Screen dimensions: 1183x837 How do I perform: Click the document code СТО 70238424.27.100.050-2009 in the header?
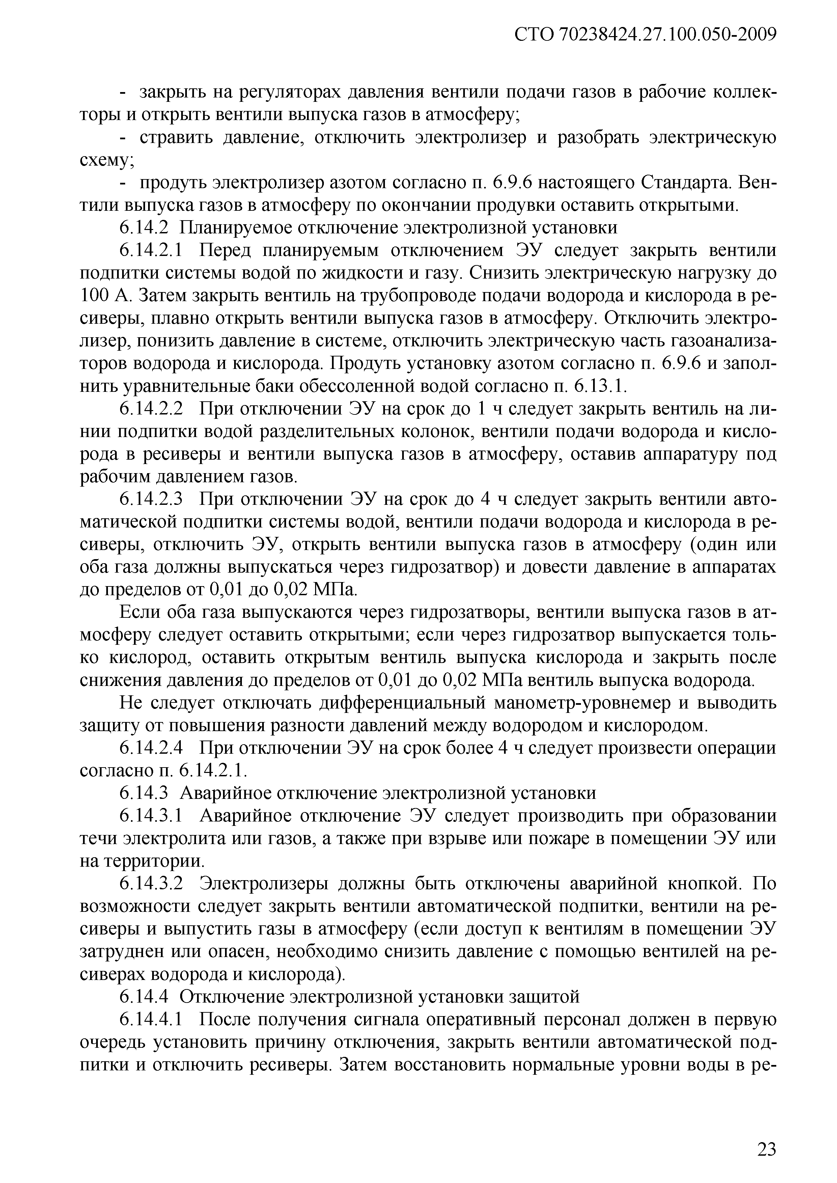(x=645, y=34)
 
